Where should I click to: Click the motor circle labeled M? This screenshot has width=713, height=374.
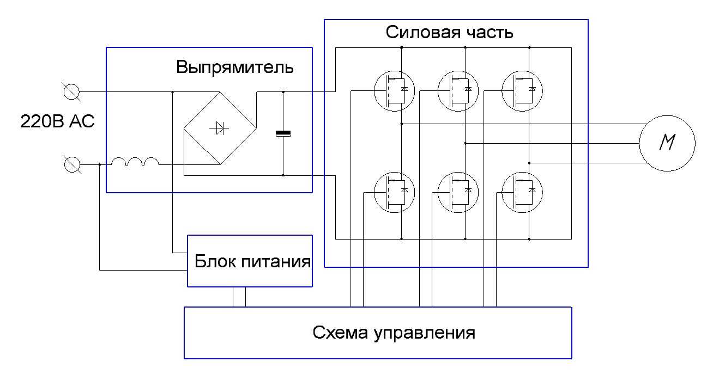pos(667,143)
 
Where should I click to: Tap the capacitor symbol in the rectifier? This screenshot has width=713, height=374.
pos(283,133)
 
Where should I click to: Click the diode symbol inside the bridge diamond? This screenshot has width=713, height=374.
pos(220,128)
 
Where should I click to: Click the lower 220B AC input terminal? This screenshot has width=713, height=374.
pos(72,164)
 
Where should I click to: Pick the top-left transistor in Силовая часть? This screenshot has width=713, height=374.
pos(394,91)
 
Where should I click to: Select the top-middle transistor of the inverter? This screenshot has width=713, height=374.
pos(458,91)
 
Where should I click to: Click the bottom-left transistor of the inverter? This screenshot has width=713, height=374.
pos(394,192)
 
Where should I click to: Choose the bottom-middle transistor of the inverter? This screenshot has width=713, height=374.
pos(458,192)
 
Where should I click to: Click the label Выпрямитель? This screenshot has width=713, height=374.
pos(235,68)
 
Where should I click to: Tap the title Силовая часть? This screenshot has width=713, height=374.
pos(450,33)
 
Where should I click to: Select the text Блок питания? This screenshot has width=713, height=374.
pos(252,262)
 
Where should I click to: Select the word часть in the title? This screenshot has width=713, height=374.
pos(487,33)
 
